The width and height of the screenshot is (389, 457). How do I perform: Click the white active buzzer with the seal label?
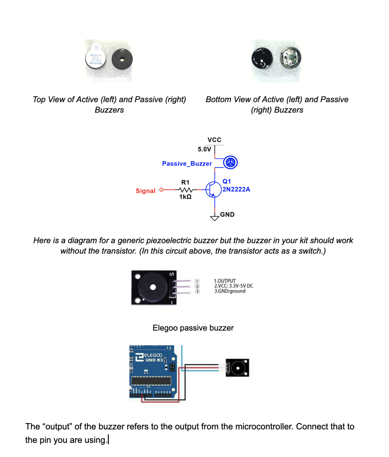(96, 59)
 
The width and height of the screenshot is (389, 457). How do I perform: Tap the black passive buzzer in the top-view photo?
(122, 59)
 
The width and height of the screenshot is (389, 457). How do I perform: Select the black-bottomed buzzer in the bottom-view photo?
(262, 59)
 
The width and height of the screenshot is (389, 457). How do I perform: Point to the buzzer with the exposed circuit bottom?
(290, 58)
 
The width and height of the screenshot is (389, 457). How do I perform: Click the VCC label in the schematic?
(214, 140)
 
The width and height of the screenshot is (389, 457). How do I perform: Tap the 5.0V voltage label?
(204, 149)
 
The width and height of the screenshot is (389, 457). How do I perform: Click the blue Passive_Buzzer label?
(187, 164)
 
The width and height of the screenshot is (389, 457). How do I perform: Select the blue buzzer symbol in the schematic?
(230, 163)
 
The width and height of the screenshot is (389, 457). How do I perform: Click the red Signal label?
(145, 191)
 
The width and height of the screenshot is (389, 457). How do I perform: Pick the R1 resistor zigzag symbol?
(186, 190)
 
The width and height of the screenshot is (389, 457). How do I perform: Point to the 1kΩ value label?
(185, 197)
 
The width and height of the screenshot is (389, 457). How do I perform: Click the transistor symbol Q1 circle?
(213, 190)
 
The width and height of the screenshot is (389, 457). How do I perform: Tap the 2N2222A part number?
(236, 189)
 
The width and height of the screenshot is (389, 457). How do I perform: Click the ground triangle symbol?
(215, 218)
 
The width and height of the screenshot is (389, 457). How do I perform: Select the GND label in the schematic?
(227, 215)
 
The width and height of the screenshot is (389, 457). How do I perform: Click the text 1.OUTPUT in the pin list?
(225, 281)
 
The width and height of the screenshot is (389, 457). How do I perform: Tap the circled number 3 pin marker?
(197, 291)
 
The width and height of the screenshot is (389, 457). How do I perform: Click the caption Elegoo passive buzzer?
(193, 328)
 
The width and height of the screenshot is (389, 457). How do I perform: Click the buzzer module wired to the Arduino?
(238, 368)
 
